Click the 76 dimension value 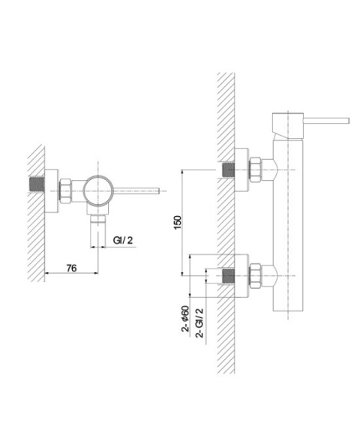pyautogui.click(x=71, y=268)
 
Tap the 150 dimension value pyautogui.click(x=177, y=223)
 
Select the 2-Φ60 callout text pyautogui.click(x=185, y=319)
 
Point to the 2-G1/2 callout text pyautogui.click(x=199, y=323)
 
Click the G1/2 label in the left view pyautogui.click(x=123, y=240)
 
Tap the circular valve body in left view pyautogui.click(x=98, y=190)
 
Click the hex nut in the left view pyautogui.click(x=65, y=191)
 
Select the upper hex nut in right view pyautogui.click(x=256, y=169)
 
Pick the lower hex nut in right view pyautogui.click(x=256, y=276)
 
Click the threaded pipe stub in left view pyautogui.click(x=37, y=184)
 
